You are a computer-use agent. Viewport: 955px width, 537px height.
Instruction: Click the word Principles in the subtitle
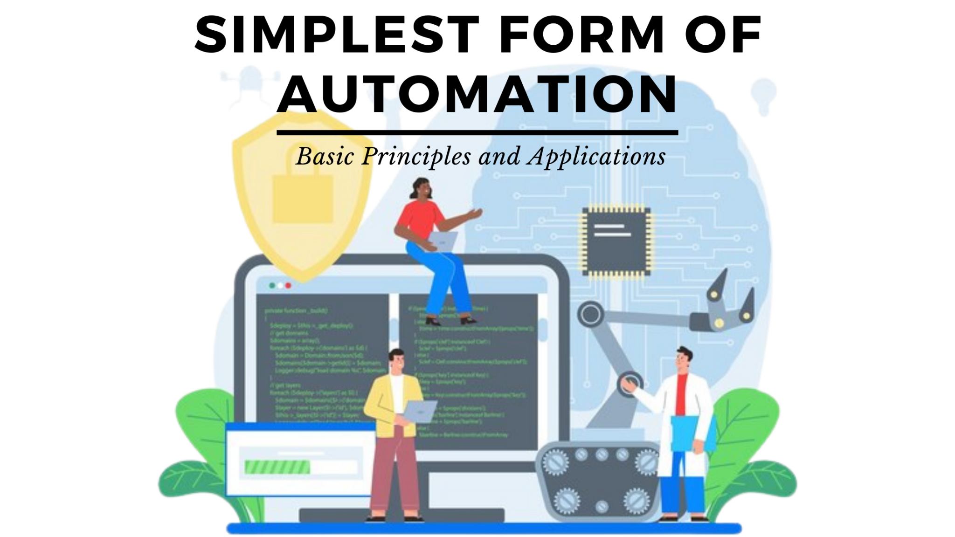[x=416, y=157]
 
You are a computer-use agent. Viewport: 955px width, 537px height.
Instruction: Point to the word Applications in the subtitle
[x=596, y=157]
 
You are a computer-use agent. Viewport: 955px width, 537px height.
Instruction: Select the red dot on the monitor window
[x=288, y=285]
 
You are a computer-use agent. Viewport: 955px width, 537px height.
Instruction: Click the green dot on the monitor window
[x=272, y=285]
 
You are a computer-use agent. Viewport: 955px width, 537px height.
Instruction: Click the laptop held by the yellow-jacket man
[x=420, y=410]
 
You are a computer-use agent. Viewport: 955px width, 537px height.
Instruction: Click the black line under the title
[x=477, y=133]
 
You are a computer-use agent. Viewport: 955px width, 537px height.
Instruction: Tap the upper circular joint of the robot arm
[x=591, y=315]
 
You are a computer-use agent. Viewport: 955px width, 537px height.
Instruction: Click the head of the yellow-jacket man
[x=397, y=361]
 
